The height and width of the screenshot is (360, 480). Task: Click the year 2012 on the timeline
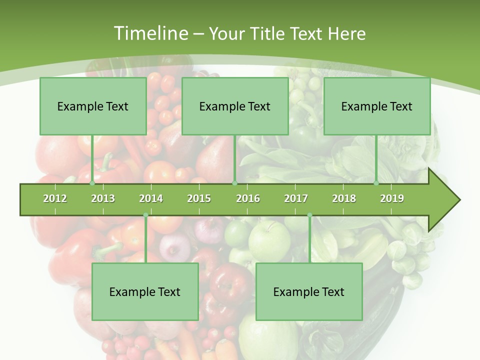55,198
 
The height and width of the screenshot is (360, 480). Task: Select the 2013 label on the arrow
103,198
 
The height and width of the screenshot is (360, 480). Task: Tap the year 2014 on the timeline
151,198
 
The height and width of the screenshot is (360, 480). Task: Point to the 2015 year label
199,198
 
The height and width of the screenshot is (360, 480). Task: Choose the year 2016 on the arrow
248,198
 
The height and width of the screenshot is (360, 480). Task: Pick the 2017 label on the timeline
296,198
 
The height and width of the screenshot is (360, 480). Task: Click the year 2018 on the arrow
344,198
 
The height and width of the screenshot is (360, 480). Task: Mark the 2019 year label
392,198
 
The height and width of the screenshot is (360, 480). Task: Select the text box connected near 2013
93,106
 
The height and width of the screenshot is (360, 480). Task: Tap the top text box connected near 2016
235,106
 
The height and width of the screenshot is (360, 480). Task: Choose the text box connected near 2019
377,106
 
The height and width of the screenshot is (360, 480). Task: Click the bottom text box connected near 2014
145,291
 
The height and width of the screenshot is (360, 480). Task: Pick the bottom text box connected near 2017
309,291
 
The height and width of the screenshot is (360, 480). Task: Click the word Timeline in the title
149,33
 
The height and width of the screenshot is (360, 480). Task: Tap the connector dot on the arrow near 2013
92,183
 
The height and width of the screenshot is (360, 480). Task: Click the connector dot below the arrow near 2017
309,215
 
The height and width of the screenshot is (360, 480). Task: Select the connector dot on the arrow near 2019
376,183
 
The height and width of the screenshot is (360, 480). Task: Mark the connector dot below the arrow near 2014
145,215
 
